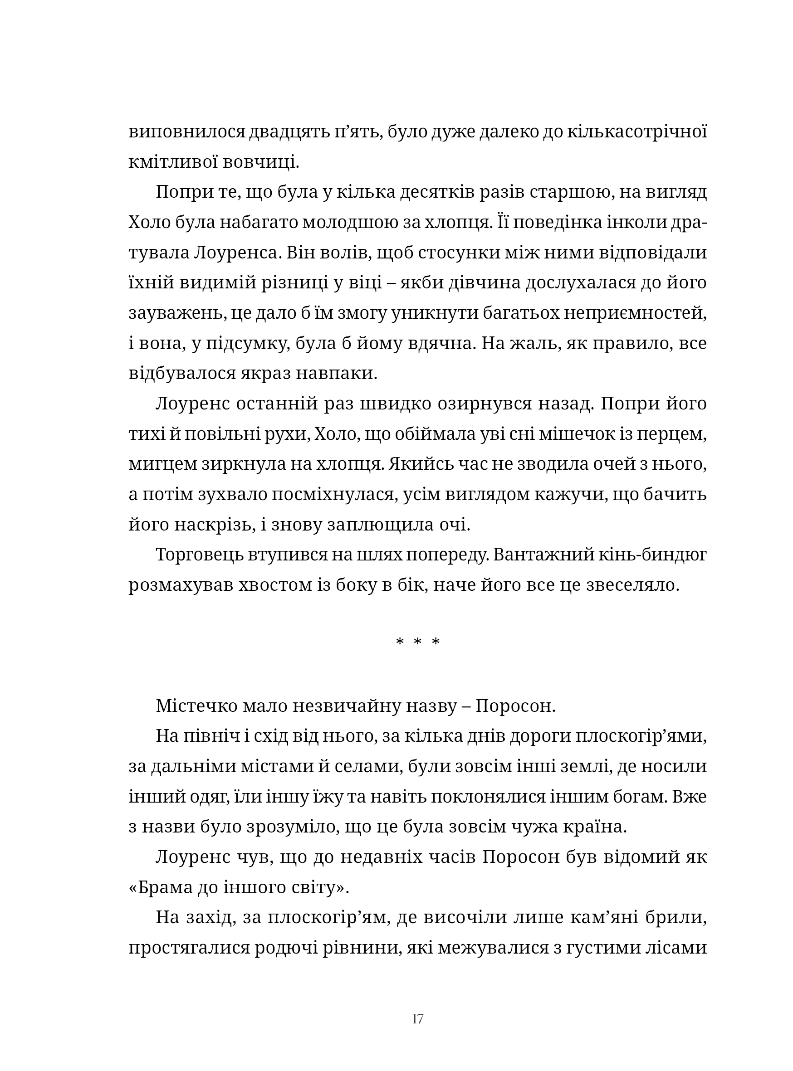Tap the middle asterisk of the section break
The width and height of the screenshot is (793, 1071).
click(417, 642)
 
